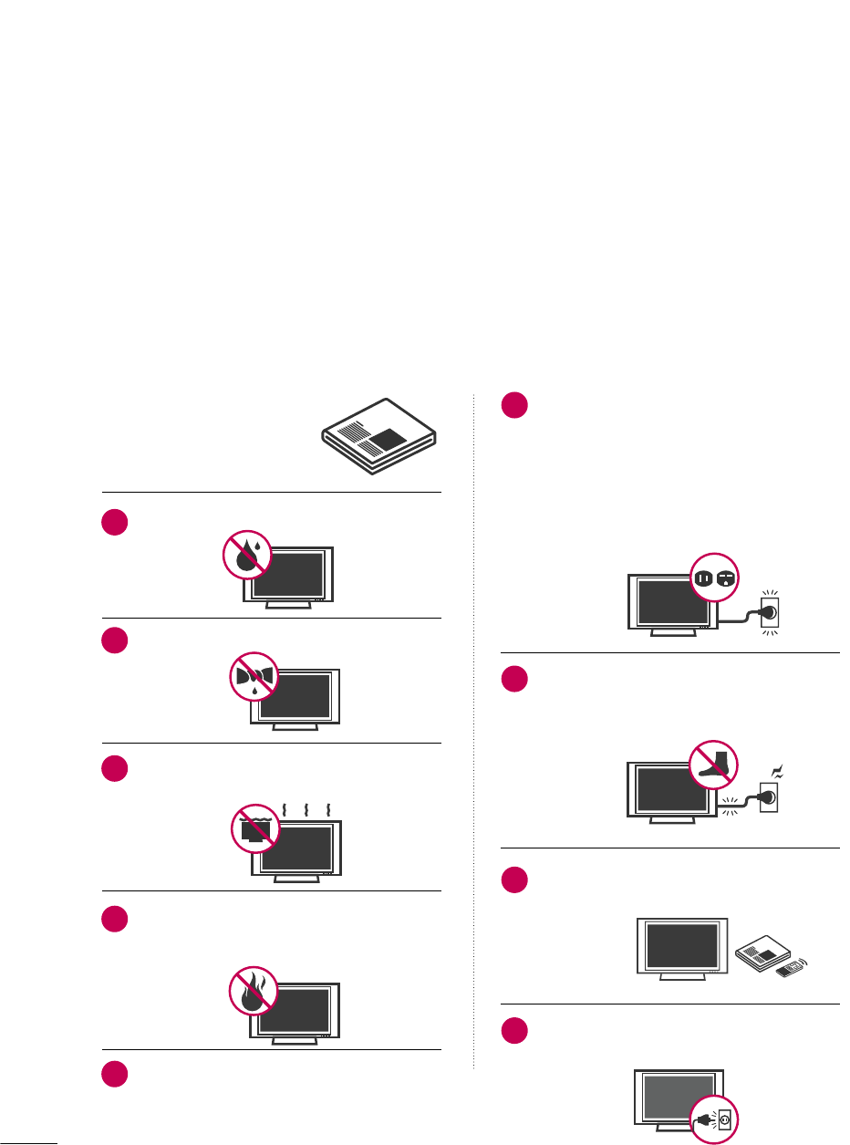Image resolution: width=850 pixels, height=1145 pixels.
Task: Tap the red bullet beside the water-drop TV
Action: pos(115,524)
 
